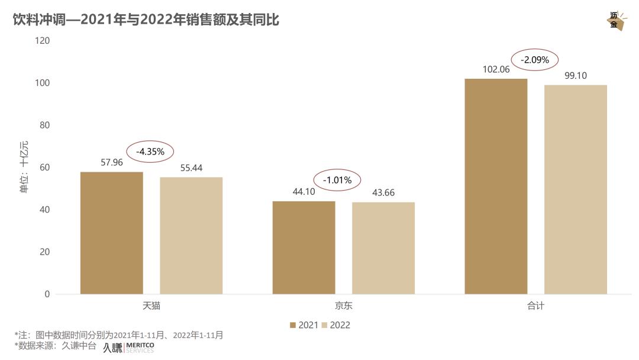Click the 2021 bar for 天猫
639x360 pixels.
click(x=111, y=233)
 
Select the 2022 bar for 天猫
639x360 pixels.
click(x=191, y=236)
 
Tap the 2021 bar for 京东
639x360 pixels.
click(x=304, y=247)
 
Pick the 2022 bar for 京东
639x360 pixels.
click(x=383, y=248)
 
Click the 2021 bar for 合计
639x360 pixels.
click(x=496, y=186)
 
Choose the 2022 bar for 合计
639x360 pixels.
click(x=576, y=189)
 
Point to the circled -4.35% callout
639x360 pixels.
click(x=150, y=152)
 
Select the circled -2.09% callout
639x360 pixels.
click(x=535, y=60)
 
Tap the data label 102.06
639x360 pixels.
click(x=496, y=69)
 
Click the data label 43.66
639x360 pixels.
click(x=383, y=192)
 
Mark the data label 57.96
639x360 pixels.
click(x=112, y=162)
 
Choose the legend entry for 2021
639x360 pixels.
click(x=304, y=325)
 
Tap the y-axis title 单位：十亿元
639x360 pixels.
click(x=24, y=168)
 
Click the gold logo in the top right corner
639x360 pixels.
click(x=615, y=21)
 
